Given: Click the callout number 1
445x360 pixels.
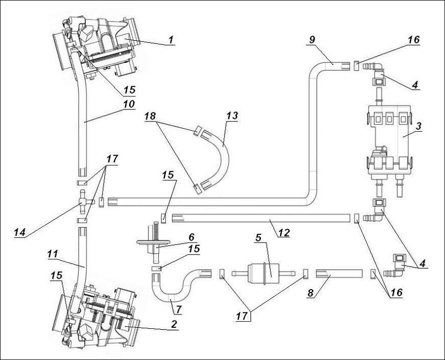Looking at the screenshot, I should (x=171, y=39).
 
